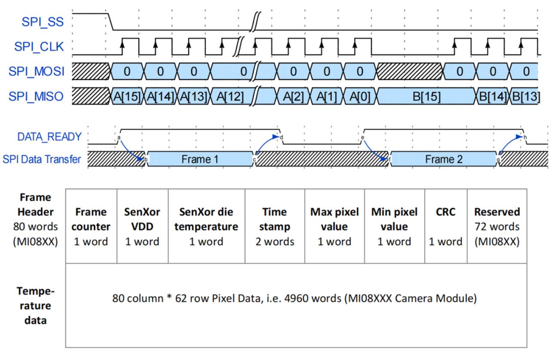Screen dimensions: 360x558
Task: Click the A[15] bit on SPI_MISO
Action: pos(128,97)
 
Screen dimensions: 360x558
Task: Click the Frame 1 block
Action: pos(200,159)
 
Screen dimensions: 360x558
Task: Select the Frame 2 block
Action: pos(444,159)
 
